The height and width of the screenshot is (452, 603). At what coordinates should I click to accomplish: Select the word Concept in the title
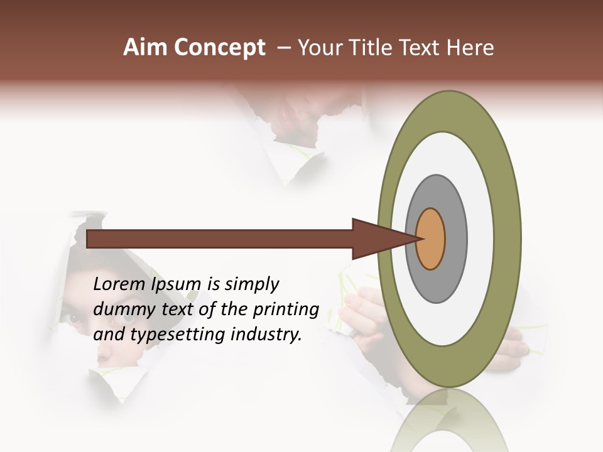point(219,48)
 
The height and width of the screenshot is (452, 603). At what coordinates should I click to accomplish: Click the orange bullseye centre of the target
point(430,239)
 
